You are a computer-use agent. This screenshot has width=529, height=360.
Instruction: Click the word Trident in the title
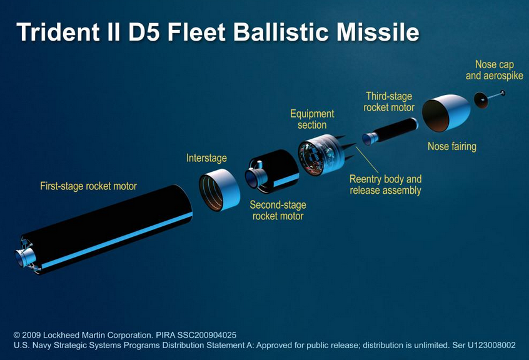[x=58, y=32]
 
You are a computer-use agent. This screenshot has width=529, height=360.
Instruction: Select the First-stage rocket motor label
[x=88, y=186]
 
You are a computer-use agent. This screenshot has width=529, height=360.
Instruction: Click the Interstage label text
[x=206, y=158]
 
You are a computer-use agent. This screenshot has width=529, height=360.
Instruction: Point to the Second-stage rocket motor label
[x=278, y=211]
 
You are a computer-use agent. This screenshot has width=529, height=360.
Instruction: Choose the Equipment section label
[x=312, y=119]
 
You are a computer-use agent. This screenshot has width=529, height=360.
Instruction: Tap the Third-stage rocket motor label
[x=389, y=102]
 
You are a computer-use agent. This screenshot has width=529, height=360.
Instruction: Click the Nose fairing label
[x=452, y=147]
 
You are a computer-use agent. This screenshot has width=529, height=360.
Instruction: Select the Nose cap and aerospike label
[x=495, y=70]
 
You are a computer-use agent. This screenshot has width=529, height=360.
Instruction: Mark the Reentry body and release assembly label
[x=385, y=185]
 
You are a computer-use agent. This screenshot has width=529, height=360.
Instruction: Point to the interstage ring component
[x=219, y=190]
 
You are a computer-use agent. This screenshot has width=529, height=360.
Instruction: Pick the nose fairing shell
[x=446, y=112]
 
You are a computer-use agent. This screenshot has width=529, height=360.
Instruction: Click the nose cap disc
[x=481, y=100]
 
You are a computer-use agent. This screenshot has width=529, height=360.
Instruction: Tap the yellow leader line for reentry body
[x=367, y=160]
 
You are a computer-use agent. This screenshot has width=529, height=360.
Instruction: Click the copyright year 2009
[x=31, y=336]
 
